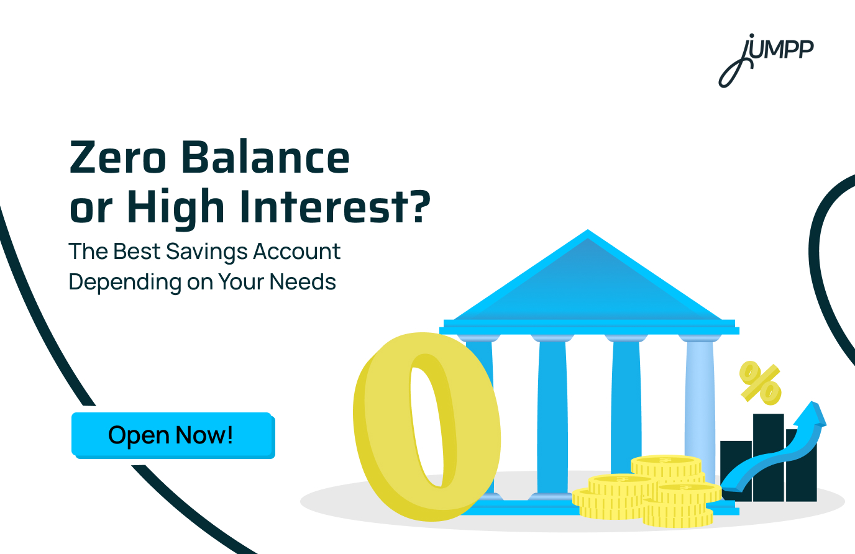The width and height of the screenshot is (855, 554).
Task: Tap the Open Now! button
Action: [172, 435]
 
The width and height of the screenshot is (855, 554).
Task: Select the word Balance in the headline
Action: [265, 158]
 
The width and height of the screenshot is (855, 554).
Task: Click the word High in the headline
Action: [175, 207]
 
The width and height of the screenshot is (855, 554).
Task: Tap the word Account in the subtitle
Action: [297, 252]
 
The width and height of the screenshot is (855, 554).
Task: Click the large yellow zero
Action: [385, 435]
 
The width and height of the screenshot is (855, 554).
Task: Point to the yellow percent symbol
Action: [759, 383]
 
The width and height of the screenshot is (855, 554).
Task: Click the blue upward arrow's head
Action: [813, 415]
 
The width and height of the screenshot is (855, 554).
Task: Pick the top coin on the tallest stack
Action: [665, 463]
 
